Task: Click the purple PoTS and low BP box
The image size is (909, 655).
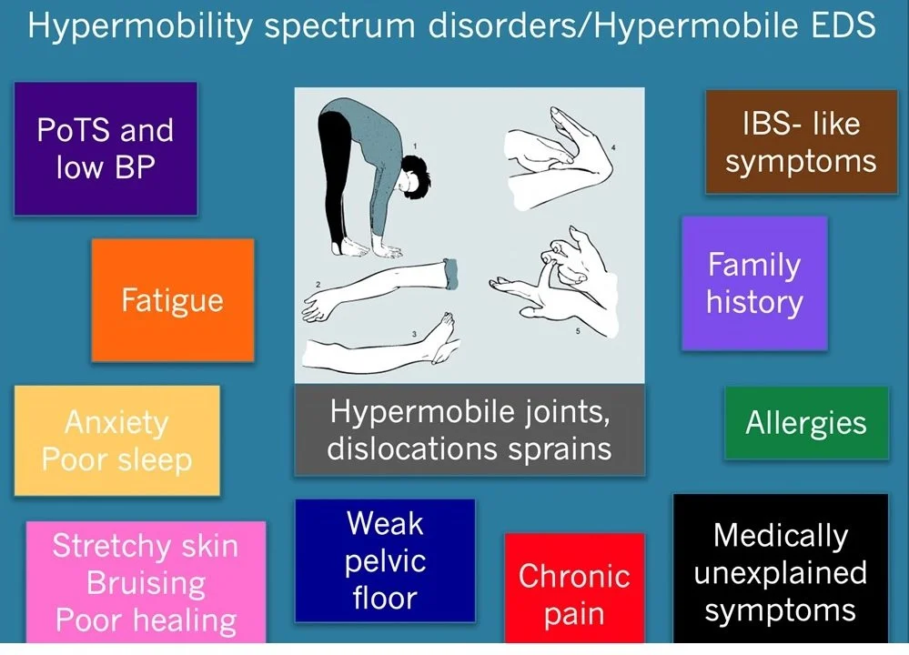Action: pyautogui.click(x=106, y=149)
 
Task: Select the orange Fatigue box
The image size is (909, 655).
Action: pyautogui.click(x=173, y=300)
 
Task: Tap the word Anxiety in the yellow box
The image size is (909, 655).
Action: pyautogui.click(x=116, y=423)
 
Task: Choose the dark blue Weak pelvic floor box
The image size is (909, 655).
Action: pyautogui.click(x=385, y=560)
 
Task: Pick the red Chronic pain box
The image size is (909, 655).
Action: pyautogui.click(x=574, y=594)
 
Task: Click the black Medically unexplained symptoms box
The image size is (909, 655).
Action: pyautogui.click(x=780, y=572)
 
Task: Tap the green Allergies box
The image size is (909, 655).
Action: pyautogui.click(x=806, y=423)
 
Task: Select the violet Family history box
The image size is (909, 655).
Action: pyautogui.click(x=754, y=283)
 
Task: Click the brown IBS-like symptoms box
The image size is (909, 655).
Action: pyautogui.click(x=801, y=142)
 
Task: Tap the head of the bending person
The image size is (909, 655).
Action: pyautogui.click(x=418, y=176)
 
